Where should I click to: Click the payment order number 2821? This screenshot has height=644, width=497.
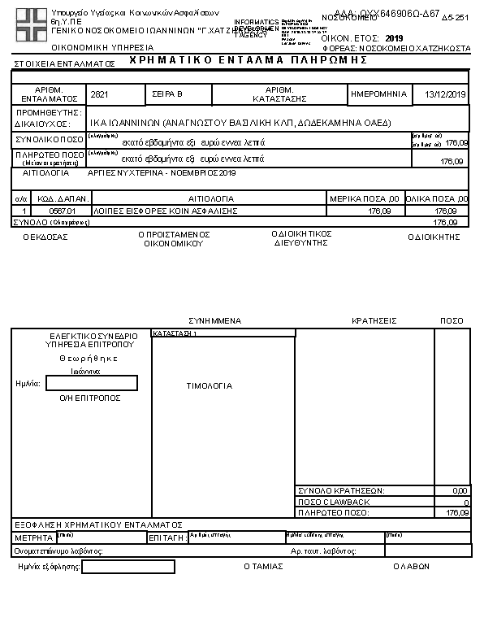click(99, 95)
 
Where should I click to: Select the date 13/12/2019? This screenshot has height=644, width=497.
click(446, 95)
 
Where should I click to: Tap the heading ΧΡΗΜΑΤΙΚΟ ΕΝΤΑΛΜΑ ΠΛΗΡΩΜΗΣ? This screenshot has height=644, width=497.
click(243, 61)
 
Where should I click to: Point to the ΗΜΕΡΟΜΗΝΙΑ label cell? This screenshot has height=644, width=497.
click(379, 94)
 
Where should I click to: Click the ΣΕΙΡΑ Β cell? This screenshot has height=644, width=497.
click(168, 95)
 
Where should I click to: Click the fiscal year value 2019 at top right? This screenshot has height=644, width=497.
click(394, 38)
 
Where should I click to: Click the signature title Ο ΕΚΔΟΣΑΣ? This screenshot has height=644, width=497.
click(45, 237)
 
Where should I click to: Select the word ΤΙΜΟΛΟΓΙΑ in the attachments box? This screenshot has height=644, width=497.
click(210, 386)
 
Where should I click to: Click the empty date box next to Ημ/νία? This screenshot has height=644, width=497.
click(92, 383)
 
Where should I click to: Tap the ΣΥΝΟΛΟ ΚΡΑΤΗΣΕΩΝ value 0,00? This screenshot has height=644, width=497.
click(460, 491)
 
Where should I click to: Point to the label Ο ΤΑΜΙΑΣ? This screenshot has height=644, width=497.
click(263, 567)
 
